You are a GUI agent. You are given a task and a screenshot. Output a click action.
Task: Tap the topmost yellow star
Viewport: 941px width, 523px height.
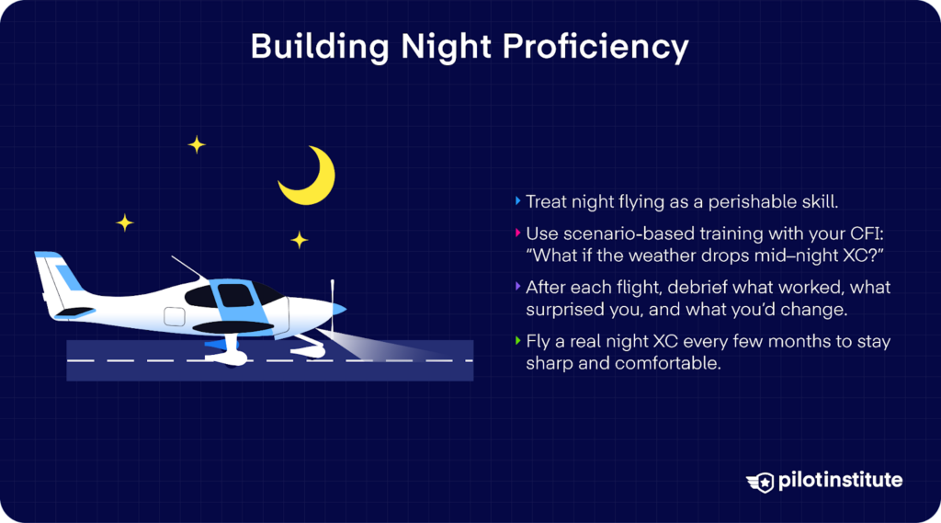pos(197,144)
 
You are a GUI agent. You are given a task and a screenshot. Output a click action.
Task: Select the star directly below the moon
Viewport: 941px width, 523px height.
pos(300,240)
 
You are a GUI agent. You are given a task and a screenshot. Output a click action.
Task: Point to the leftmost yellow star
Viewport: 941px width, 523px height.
pos(124,222)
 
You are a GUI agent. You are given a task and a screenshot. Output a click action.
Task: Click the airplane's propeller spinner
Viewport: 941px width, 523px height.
pos(338,310)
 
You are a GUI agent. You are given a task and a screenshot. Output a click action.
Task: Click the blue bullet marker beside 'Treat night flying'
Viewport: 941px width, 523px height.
pos(517,200)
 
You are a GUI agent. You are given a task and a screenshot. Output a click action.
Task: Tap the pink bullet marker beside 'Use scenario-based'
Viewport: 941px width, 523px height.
pos(517,233)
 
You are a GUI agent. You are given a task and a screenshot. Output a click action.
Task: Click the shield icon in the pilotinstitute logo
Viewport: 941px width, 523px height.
pos(761,481)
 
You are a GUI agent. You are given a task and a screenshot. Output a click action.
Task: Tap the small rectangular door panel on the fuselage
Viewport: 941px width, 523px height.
pos(175,317)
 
